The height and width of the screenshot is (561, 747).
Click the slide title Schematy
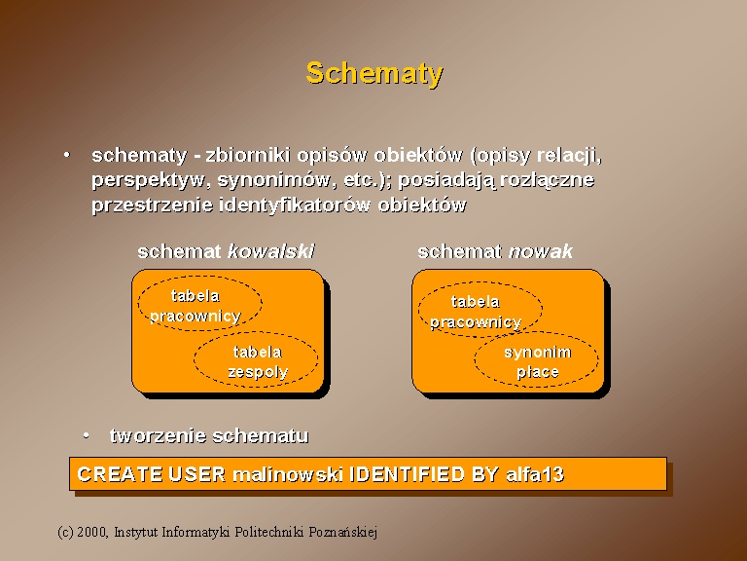point(374,74)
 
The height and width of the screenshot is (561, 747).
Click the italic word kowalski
point(271,251)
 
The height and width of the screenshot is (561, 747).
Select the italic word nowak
point(541,252)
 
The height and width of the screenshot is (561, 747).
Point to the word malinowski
point(288,474)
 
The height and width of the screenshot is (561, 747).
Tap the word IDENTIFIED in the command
point(408,474)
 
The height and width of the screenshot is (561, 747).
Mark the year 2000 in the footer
point(92,532)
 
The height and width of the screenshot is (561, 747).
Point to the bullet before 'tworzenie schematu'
point(86,435)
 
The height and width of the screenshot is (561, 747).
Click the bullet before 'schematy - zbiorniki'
point(67,155)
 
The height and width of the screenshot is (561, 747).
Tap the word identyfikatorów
point(295,206)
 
